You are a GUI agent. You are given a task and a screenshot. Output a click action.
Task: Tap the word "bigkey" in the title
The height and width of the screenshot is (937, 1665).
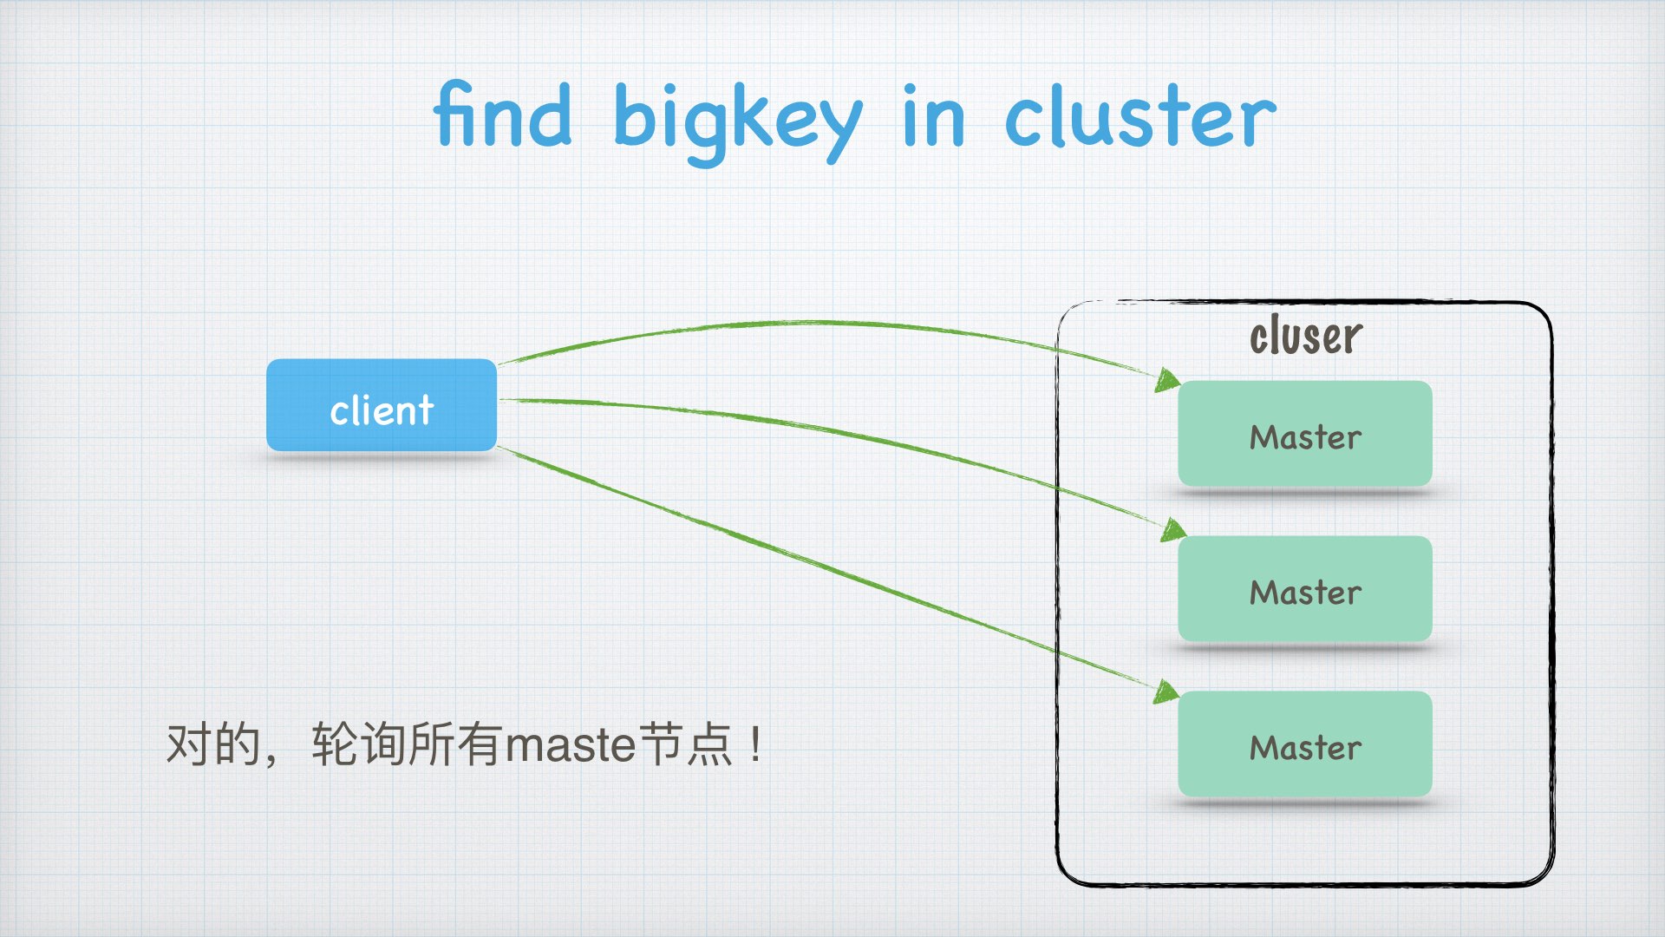point(737,121)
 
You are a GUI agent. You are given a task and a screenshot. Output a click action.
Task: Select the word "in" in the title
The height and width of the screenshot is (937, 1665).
point(933,118)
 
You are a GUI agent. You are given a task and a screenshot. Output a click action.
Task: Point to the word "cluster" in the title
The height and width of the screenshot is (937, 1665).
point(1139,118)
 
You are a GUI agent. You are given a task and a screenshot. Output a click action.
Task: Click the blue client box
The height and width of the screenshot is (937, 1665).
point(382,405)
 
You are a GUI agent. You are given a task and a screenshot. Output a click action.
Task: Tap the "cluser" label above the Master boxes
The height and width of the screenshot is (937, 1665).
point(1305,337)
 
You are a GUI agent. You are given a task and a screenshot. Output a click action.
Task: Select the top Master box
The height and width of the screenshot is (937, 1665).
point(1304,434)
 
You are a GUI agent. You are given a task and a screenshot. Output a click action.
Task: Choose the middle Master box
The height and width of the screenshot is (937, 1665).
point(1304,589)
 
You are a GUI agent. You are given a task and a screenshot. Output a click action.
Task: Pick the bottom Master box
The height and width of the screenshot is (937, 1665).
point(1304,744)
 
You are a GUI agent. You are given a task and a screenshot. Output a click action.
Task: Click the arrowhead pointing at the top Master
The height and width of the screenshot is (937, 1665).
point(1169,380)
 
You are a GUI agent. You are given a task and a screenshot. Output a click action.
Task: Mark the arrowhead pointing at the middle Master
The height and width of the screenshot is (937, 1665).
point(1174,529)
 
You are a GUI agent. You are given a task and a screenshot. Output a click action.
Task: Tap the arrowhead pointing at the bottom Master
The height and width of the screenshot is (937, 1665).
point(1167,691)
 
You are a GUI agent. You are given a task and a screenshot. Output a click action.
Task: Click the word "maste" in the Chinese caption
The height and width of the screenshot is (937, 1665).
point(571,744)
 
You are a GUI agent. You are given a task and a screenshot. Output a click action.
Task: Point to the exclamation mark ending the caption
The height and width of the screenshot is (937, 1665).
point(757,744)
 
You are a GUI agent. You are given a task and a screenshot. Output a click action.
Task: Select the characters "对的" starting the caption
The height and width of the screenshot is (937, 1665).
point(213,744)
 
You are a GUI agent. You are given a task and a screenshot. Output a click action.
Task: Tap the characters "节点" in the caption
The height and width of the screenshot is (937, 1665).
point(686,744)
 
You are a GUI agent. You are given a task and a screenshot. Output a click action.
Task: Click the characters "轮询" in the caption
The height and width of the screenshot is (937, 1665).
point(359,744)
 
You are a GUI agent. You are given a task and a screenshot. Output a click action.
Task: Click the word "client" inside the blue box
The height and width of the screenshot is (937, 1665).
point(382,410)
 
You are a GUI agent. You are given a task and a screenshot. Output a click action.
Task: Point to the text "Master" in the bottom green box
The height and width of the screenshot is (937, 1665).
point(1305,748)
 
